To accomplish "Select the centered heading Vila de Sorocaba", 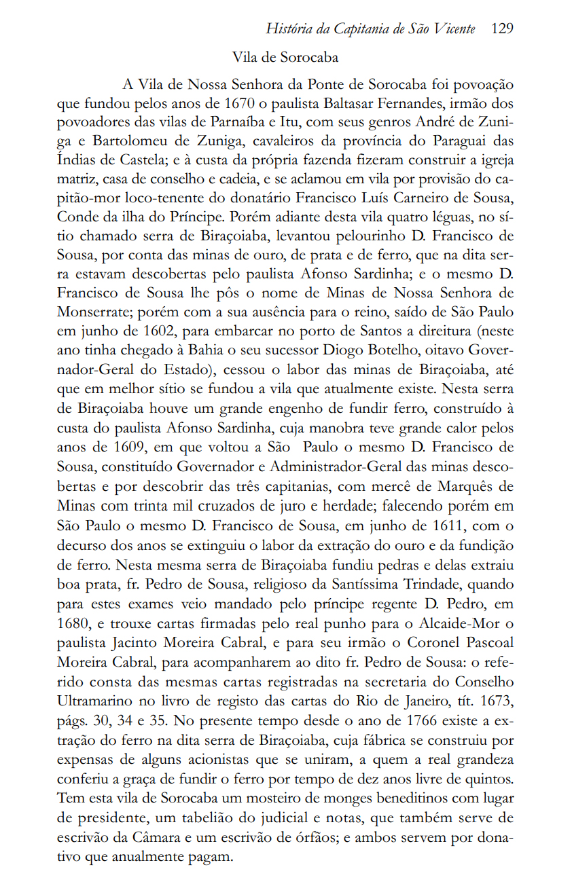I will pos(285,57).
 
